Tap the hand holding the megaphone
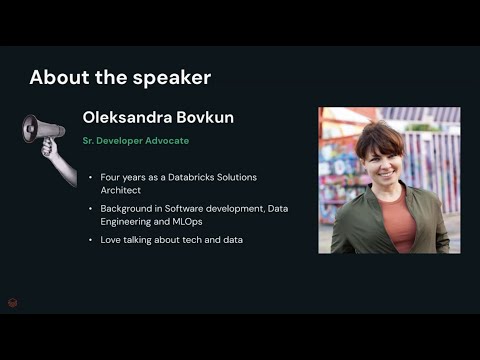(49, 151)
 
